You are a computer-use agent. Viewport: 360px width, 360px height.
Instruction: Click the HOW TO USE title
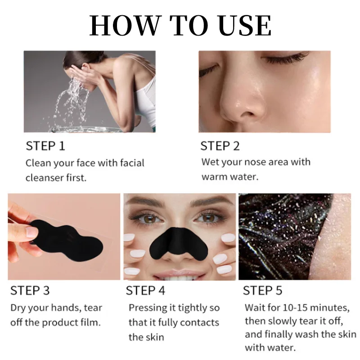tap(180, 26)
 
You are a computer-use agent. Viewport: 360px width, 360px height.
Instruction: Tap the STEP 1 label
tap(45, 146)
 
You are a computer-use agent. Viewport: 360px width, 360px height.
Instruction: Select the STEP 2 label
tap(220, 146)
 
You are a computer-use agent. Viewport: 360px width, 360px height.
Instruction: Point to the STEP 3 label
tap(30, 291)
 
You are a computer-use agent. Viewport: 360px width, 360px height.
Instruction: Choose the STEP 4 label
tap(145, 291)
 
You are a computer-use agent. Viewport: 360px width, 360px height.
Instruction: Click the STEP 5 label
tap(263, 291)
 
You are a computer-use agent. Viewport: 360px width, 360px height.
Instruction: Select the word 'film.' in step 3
tap(90, 322)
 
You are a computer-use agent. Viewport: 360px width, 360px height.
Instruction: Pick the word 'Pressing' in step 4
tap(146, 308)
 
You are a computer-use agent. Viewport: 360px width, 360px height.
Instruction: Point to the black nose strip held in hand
tap(67, 234)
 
